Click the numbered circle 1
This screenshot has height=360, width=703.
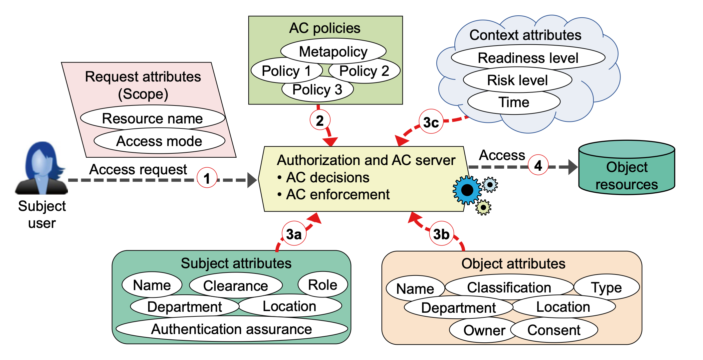point(207,178)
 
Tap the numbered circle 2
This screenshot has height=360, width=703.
point(320,120)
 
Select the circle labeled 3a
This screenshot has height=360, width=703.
point(294,234)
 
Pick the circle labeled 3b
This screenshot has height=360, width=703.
point(441,234)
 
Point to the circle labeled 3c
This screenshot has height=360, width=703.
point(431,121)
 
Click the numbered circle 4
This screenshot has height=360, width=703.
point(538,165)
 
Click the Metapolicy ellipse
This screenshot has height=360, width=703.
point(333,51)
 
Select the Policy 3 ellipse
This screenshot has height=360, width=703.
point(318,89)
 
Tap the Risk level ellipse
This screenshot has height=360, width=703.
point(518,80)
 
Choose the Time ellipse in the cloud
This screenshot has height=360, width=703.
point(514,102)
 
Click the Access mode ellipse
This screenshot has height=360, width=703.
point(159,141)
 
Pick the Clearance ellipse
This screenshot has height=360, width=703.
point(236,285)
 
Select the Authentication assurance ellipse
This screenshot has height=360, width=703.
point(232,329)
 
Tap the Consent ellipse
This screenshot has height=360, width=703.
point(554,330)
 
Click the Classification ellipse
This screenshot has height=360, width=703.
point(509,287)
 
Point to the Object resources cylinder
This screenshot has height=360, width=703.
point(627,167)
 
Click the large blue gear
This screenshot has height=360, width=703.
point(467,190)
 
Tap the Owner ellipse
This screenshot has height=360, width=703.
point(484,330)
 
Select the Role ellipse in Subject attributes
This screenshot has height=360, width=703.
point(323,284)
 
